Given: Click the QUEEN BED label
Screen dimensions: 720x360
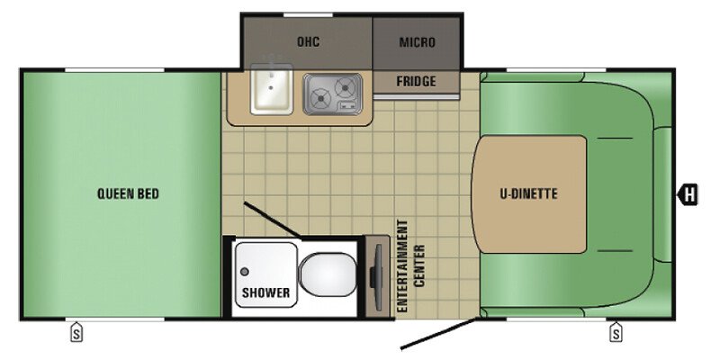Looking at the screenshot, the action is click(128, 193).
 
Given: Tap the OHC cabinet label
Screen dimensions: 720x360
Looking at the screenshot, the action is click(308, 42).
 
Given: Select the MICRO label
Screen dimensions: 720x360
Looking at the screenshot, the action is click(417, 42).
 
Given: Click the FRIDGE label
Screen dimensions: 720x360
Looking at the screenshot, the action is click(416, 82).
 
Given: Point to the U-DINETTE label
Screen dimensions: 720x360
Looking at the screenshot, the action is click(528, 193).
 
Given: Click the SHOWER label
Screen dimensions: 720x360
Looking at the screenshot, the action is click(265, 292).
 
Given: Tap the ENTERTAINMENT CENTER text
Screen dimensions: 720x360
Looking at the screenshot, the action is click(411, 265).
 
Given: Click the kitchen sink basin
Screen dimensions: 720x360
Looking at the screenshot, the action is click(272, 88).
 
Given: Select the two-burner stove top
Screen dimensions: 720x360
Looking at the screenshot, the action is click(332, 94).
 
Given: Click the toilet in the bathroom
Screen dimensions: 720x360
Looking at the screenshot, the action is click(328, 275).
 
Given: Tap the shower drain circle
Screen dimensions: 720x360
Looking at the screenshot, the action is click(245, 272).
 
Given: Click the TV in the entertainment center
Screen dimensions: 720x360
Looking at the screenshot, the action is click(376, 276).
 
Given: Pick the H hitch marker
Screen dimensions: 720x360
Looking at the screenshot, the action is click(688, 193).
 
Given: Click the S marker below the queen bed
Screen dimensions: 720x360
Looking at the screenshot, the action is click(76, 332).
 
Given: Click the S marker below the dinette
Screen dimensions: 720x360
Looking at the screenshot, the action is click(616, 332).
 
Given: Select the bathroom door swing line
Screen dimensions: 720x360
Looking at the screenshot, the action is click(273, 220).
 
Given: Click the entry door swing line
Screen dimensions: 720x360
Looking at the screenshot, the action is click(441, 333).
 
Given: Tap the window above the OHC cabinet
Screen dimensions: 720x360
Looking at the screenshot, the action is click(308, 15).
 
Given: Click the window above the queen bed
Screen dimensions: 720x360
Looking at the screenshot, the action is click(114, 70).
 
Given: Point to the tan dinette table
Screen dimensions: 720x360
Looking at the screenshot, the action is click(529, 194).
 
